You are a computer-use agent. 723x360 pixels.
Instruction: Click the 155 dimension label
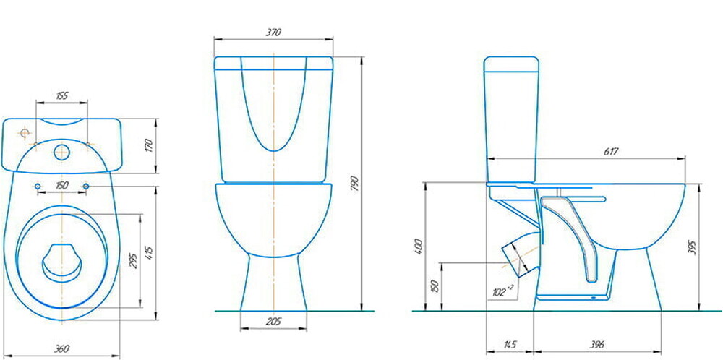coord(61,96)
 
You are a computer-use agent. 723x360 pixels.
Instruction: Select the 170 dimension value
coord(148,145)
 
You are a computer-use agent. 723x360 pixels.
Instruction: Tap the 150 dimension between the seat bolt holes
coord(61,185)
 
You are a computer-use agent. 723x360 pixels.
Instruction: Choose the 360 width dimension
coord(61,349)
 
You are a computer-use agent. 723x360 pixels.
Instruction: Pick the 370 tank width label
coord(273,33)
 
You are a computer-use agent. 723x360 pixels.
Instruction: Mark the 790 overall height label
coord(354,184)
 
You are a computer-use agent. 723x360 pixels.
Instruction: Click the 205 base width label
coord(273,322)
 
